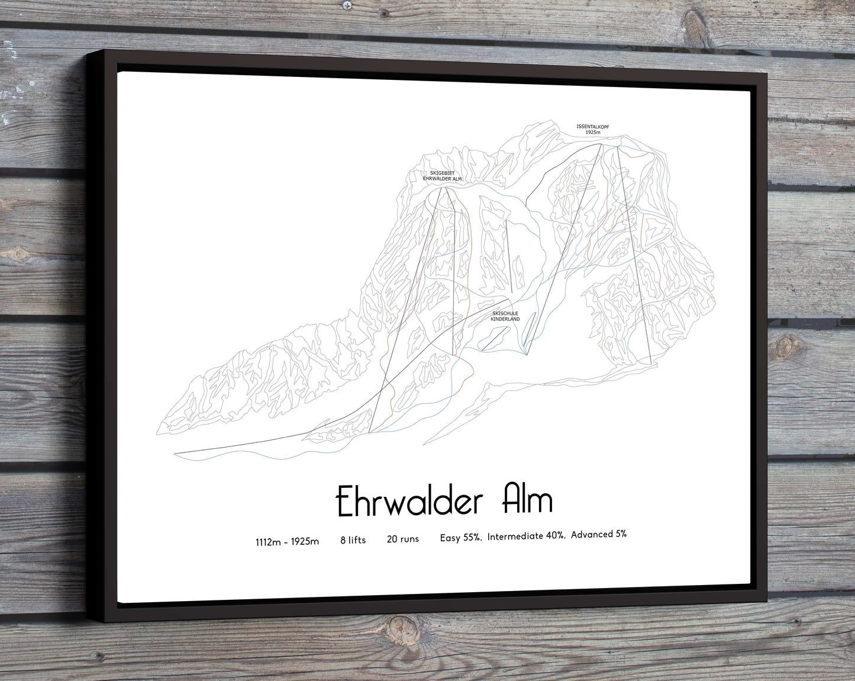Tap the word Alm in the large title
pos(527,500)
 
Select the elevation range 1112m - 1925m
pos(287,541)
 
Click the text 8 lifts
pos(353,539)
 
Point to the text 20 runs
pos(402,539)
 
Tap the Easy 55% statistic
pos(460,537)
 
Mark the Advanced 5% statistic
pos(598,534)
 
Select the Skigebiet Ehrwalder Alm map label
pos(442,176)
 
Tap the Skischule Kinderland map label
pos(505,316)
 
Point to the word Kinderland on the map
pos(505,319)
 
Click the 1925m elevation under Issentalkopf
pos(592,132)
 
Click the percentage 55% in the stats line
pos(470,537)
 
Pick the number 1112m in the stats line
pos(266,541)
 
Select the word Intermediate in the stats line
pos(514,536)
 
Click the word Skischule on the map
pos(505,313)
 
